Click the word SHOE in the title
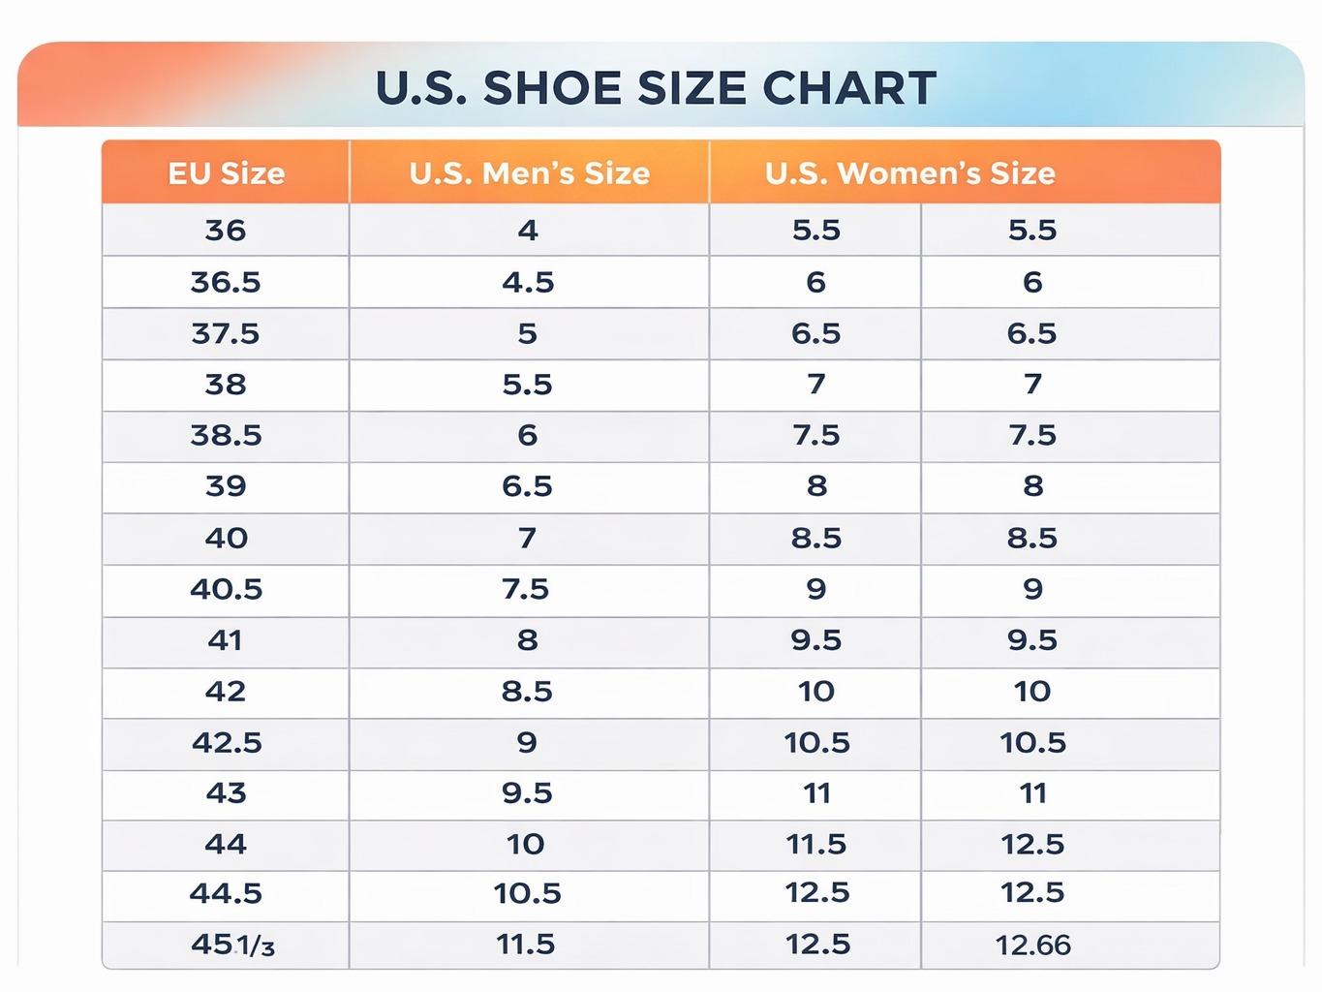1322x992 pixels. (x=552, y=88)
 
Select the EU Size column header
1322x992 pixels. (x=226, y=173)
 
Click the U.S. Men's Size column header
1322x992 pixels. (x=529, y=173)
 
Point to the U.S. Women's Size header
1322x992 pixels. (x=909, y=173)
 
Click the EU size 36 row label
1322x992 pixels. (x=226, y=231)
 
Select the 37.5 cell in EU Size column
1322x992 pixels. (x=226, y=334)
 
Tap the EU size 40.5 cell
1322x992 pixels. (x=226, y=589)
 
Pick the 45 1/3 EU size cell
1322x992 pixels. (x=232, y=945)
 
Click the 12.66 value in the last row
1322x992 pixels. (x=1032, y=945)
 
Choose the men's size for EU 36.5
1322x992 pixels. (x=528, y=283)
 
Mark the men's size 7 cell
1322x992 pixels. (x=527, y=538)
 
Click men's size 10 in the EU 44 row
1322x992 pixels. (x=526, y=844)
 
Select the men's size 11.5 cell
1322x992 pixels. (x=526, y=945)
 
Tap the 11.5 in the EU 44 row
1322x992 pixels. (x=815, y=844)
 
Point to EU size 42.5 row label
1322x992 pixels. (x=227, y=742)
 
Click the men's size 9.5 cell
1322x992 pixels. (x=527, y=793)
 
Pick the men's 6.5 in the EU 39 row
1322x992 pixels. (x=527, y=486)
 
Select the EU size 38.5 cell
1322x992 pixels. (x=226, y=436)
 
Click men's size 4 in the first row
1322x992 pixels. (x=528, y=231)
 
